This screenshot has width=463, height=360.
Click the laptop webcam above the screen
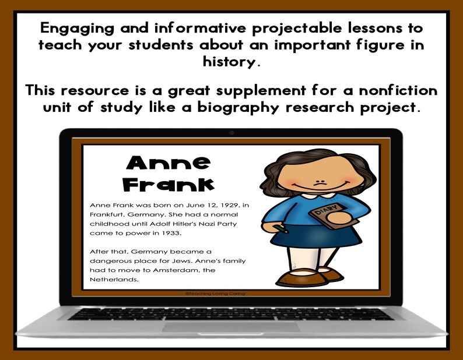click(x=232, y=133)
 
